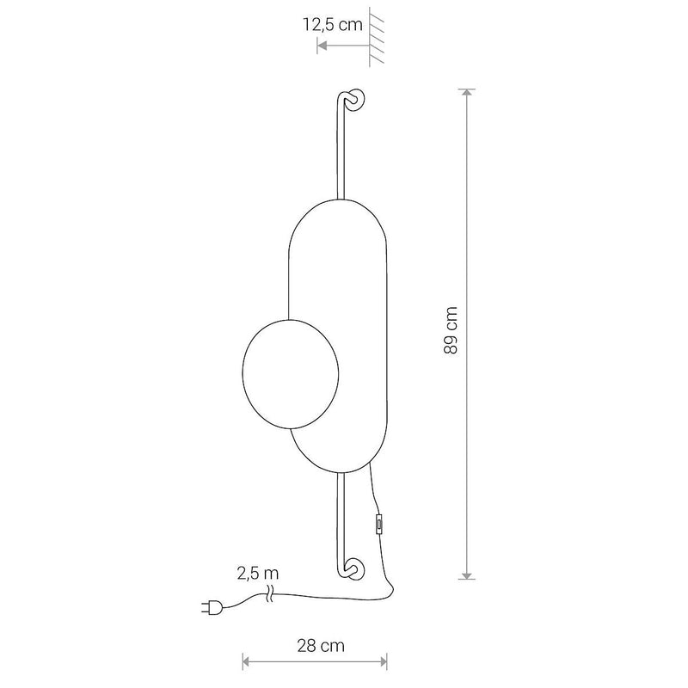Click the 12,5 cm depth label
tap(333, 25)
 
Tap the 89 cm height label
tap(451, 330)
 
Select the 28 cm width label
tap(320, 646)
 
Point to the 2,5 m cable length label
tap(257, 573)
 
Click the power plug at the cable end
tap(212, 608)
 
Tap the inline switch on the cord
tap(378, 524)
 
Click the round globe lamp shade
tap(291, 374)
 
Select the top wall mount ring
tap(354, 100)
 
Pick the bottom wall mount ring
tap(354, 568)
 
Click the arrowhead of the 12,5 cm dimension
tap(322, 46)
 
